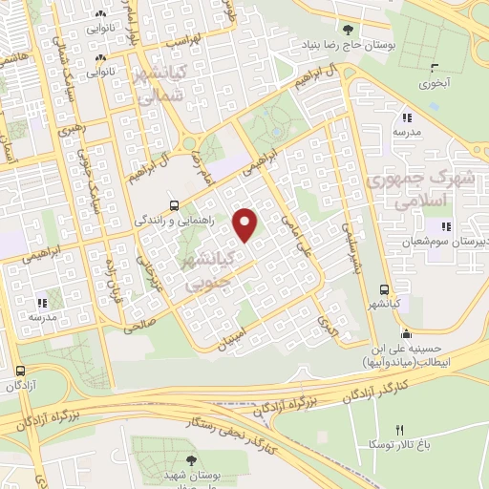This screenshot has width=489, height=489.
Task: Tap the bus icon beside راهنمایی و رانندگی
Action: pyautogui.click(x=173, y=204)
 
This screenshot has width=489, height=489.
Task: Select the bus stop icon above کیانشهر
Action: pyautogui.click(x=383, y=289)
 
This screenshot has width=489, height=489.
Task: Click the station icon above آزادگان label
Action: pyautogui.click(x=21, y=370)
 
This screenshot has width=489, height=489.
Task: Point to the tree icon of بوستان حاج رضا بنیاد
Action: pyautogui.click(x=358, y=31)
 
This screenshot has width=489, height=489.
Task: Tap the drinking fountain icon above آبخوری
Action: pyautogui.click(x=436, y=67)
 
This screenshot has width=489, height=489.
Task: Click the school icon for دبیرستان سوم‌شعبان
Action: pyautogui.click(x=445, y=226)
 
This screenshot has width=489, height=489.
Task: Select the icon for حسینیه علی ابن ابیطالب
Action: pyautogui.click(x=407, y=334)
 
